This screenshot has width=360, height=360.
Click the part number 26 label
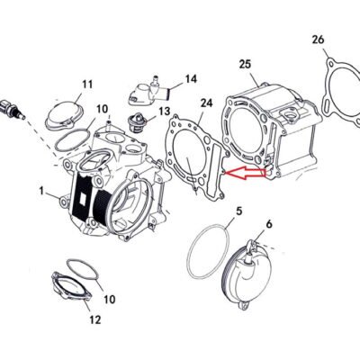click(x=319, y=40)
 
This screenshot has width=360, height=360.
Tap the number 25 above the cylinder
click(x=245, y=65)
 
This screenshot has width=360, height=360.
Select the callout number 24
click(x=206, y=103)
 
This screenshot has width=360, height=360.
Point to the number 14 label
click(x=191, y=79)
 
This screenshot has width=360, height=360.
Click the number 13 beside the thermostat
click(x=165, y=112)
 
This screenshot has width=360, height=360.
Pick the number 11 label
click(x=87, y=84)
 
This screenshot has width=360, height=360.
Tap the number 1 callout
click(x=41, y=191)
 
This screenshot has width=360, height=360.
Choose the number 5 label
click(x=238, y=211)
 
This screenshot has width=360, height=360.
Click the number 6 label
click(x=269, y=224)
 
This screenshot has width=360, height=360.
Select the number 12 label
click(x=95, y=319)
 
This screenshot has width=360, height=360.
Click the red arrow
click(x=245, y=173)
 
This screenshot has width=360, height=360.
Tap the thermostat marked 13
click(x=136, y=121)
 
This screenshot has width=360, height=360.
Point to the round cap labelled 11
click(x=64, y=115)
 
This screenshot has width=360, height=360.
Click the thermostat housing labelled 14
click(x=149, y=92)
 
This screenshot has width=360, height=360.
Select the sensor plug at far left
click(x=12, y=109)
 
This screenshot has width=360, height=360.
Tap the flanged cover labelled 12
click(x=71, y=286)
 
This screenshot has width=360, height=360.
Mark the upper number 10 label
click(x=102, y=109)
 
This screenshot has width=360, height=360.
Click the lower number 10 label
click(x=109, y=299)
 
